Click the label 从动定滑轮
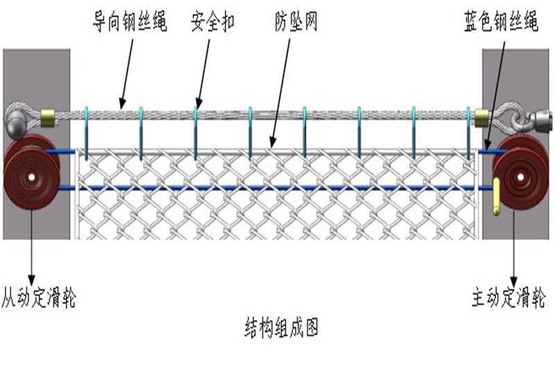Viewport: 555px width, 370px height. pyautogui.click(x=37, y=298)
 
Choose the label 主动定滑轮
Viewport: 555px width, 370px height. pyautogui.click(x=509, y=298)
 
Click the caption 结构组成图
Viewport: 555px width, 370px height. pyautogui.click(x=282, y=326)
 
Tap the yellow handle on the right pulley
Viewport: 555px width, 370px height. pyautogui.click(x=497, y=197)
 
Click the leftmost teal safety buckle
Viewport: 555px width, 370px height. pyautogui.click(x=87, y=132)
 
